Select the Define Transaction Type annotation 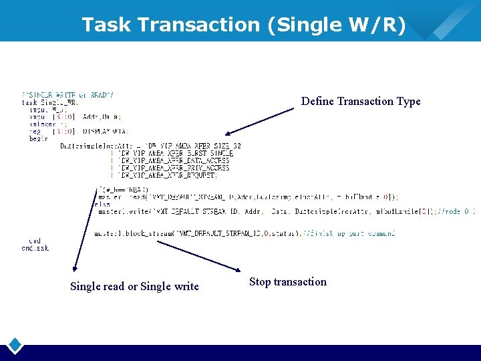[361, 102]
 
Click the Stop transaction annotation [288, 282]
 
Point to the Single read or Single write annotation [134, 287]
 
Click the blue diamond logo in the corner [15, 346]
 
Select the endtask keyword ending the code [35, 248]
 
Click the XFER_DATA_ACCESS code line [174, 161]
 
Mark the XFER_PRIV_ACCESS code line [174, 168]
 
